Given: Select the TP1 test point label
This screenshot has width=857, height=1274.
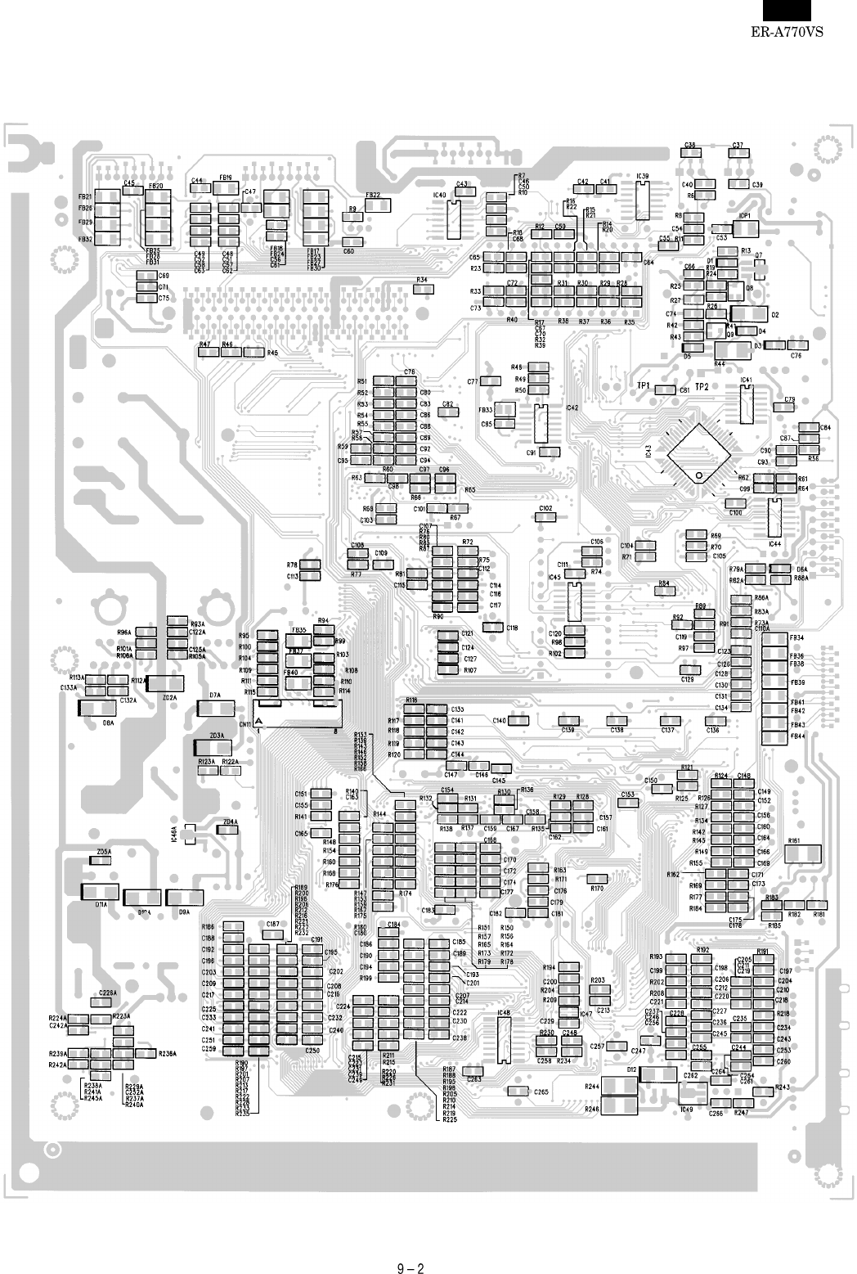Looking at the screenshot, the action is point(643,386).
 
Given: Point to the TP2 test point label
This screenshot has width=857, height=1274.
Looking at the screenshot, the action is point(702,386).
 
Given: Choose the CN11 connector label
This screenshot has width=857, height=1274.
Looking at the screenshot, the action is point(244,723).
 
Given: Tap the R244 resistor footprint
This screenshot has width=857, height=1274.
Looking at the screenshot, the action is point(621,1087).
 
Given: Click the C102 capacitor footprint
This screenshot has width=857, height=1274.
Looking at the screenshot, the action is point(545,517).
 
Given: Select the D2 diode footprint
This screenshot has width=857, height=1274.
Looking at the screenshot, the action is point(750,314).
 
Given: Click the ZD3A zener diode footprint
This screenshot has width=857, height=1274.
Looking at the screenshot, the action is point(213,747).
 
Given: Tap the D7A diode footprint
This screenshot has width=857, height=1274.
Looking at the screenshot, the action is point(216,708).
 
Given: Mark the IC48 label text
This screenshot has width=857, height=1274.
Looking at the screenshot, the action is point(503,1012).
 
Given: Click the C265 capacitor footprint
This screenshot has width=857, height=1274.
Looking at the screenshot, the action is point(518,1092).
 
